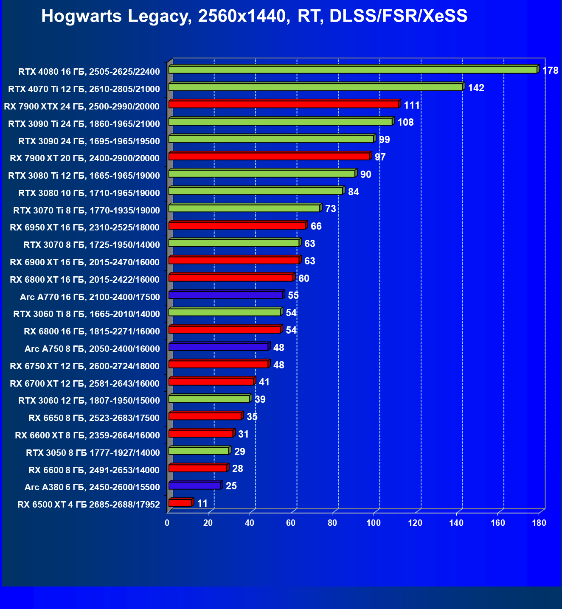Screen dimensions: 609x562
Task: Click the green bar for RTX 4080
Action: [352, 70]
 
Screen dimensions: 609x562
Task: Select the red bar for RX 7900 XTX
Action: [283, 104]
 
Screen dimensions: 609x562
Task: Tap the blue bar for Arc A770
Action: [225, 295]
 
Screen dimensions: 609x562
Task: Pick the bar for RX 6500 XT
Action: [180, 503]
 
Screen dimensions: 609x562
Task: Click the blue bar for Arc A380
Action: [194, 486]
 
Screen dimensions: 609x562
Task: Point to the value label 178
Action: [550, 70]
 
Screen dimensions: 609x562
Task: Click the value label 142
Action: [476, 88]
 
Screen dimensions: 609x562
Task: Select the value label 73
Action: [330, 209]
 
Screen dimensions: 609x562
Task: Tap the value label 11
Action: [202, 503]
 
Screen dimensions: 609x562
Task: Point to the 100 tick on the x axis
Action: [374, 523]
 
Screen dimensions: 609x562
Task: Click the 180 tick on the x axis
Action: [539, 523]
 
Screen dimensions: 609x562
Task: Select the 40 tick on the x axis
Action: [250, 523]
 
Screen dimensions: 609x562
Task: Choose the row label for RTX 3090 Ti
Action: [84, 124]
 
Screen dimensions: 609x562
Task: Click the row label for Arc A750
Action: [92, 349]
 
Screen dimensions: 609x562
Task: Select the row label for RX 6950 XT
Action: [85, 227]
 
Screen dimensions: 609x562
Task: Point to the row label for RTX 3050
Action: [93, 453]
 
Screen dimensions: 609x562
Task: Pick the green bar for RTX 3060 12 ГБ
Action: [209, 399]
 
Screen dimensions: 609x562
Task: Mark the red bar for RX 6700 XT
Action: [211, 382]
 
